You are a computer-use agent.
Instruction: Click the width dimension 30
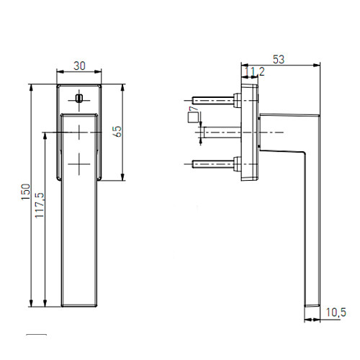(x=79, y=66)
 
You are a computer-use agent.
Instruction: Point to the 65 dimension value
(x=116, y=131)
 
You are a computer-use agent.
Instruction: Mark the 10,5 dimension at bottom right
(x=336, y=311)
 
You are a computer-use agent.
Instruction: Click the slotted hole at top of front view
(x=79, y=97)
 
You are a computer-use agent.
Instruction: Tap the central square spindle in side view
(x=223, y=132)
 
